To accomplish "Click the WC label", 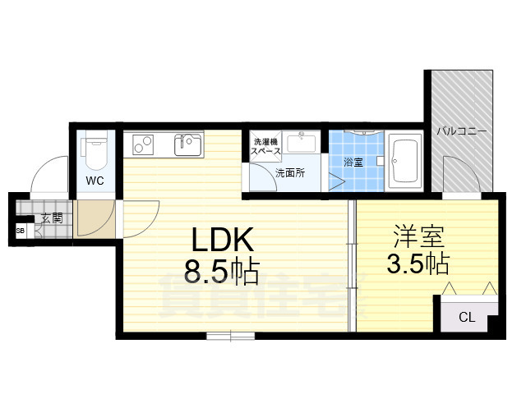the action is point(95,181).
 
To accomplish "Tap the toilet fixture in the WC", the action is point(95,150).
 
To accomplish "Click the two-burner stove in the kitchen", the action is point(143,144).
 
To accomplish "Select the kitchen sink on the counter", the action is point(188,144).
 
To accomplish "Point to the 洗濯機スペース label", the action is point(266,146).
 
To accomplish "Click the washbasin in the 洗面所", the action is point(302,142).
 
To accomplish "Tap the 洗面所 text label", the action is point(290,173).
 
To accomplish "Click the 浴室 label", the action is point(353,163).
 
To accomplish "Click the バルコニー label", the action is point(461,131).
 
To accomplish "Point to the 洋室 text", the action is point(418,236).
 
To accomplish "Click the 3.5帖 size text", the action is point(418,263).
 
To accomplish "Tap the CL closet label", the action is point(467,317).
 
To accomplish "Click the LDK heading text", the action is point(223,240).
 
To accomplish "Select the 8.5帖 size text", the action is point(221,271).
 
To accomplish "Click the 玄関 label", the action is point(53,218).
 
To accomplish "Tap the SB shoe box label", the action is point(21,231).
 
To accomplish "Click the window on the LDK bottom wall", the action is point(230,336).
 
